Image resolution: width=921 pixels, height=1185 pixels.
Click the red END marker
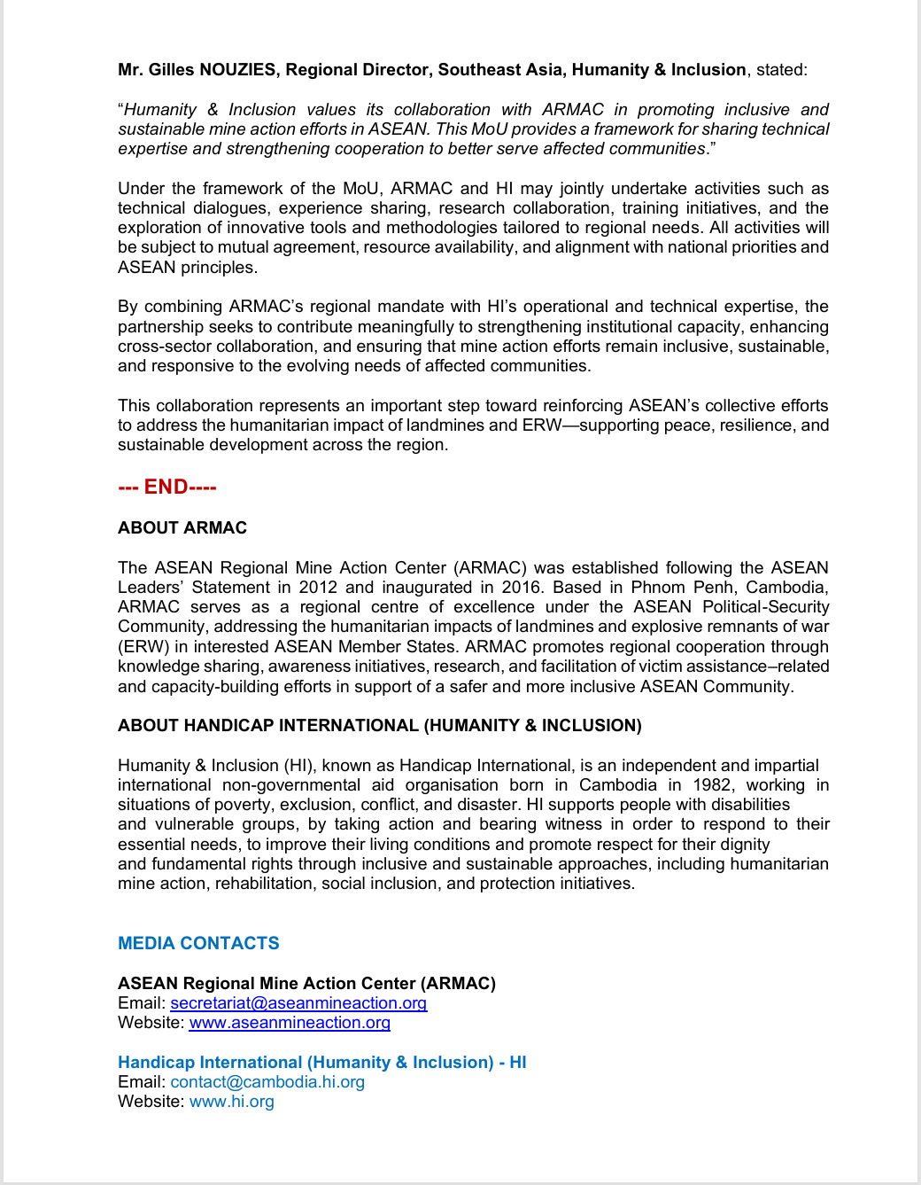click(x=167, y=487)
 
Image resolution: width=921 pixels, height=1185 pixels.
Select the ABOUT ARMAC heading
click(x=182, y=528)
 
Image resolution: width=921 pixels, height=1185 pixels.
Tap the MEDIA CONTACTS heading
click(x=198, y=943)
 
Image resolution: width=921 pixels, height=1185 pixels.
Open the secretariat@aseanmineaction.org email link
click(x=298, y=1003)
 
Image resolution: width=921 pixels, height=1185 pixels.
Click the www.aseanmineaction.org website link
click(x=290, y=1023)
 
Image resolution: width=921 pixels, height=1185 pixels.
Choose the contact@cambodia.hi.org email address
click(x=267, y=1082)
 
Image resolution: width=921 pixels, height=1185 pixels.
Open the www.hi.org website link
click(x=232, y=1102)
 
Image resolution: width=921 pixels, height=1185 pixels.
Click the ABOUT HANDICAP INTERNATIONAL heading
click(x=379, y=726)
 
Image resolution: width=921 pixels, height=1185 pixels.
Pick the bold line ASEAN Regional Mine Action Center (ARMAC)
click(x=306, y=984)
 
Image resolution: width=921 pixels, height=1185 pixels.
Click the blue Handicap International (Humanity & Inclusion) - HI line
click(x=321, y=1063)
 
